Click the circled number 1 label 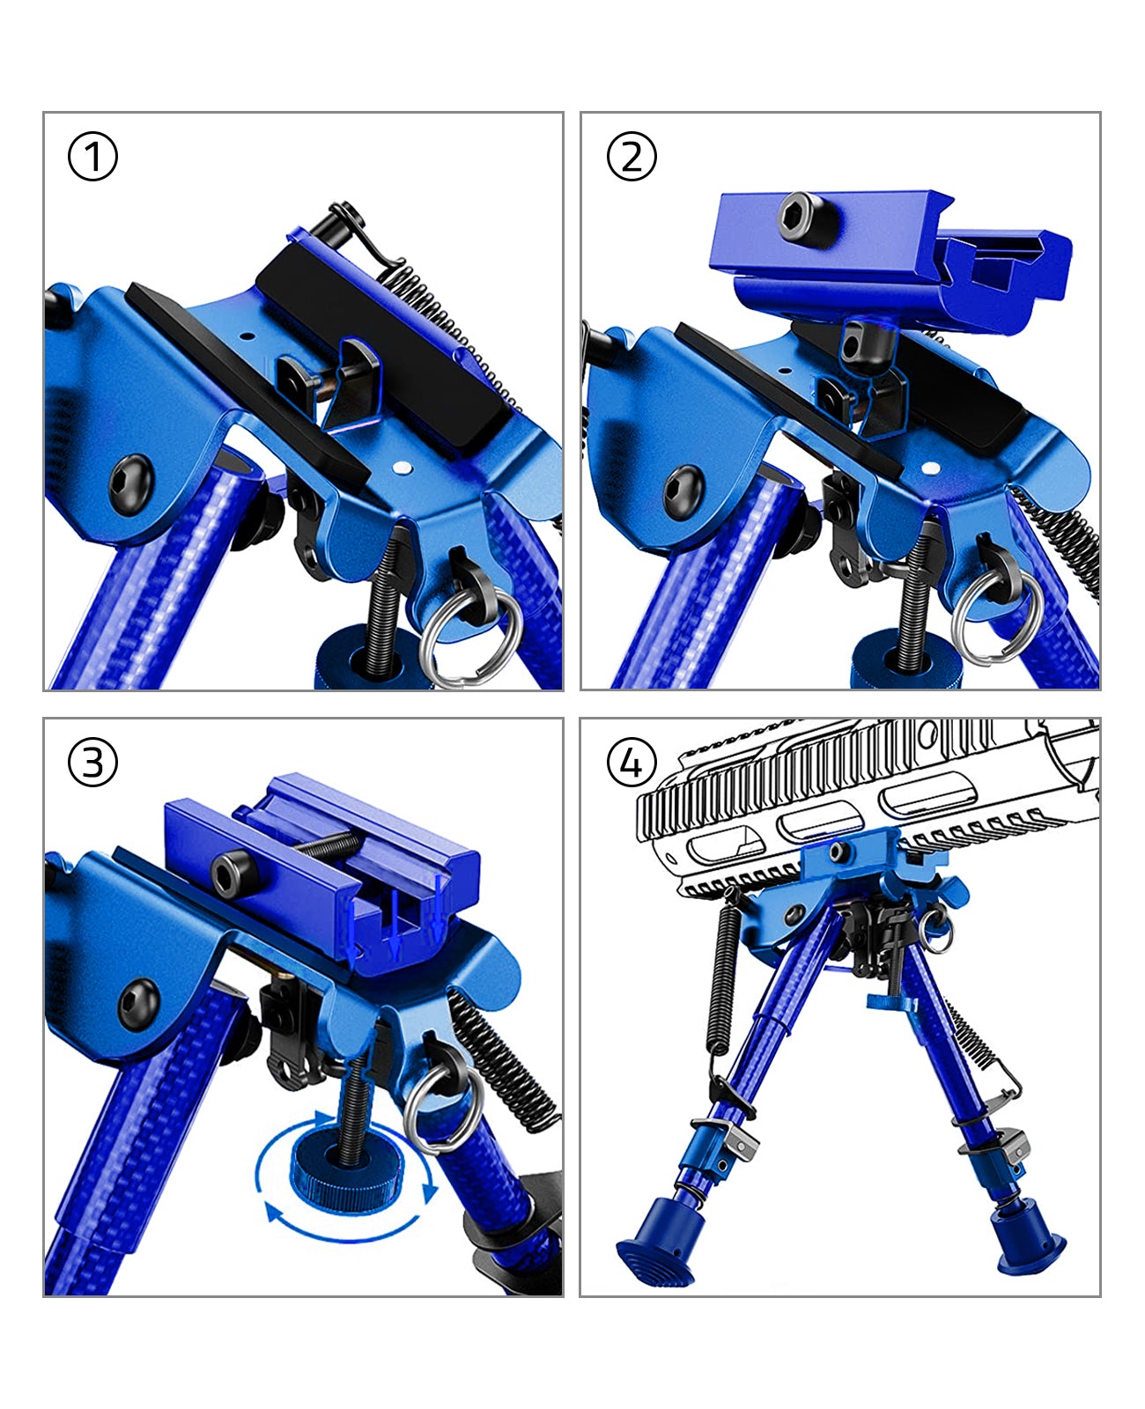click(x=92, y=158)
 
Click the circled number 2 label click(x=632, y=158)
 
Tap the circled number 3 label click(x=92, y=763)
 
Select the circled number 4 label click(x=632, y=763)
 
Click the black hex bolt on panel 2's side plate click(x=683, y=485)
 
